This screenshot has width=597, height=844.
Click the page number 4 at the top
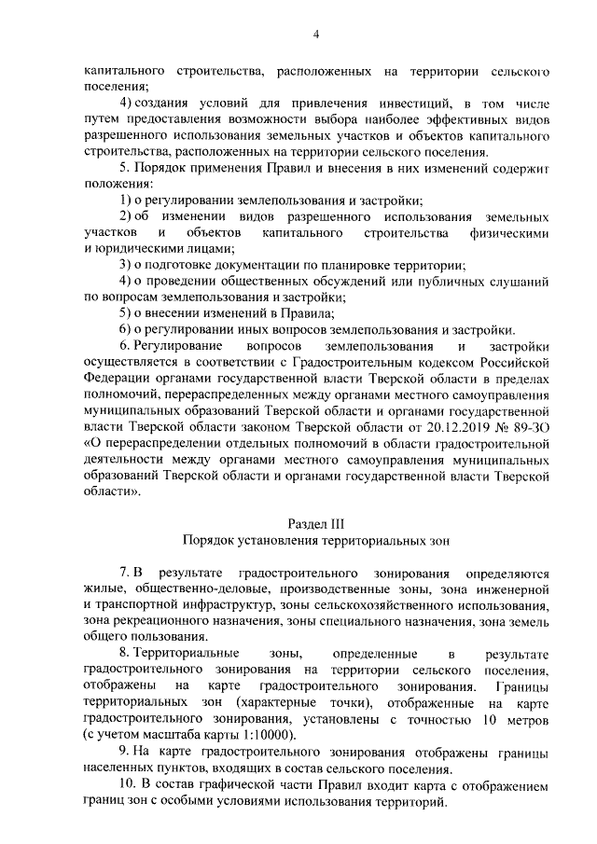click(x=316, y=35)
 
